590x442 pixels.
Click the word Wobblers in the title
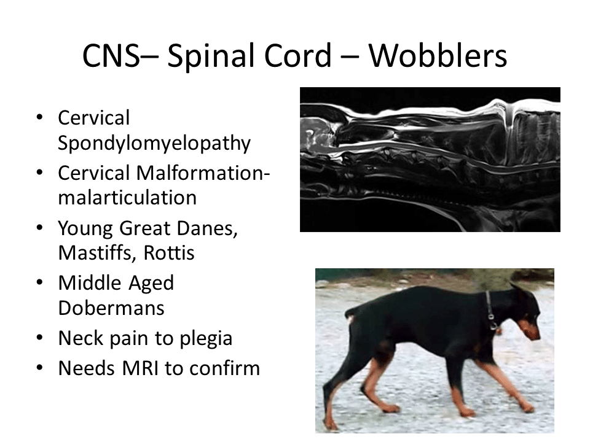tap(438, 55)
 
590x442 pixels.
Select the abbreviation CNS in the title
tap(111, 55)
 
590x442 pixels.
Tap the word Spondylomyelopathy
tap(154, 143)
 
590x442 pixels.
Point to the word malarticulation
tap(128, 198)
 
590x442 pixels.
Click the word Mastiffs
tap(97, 252)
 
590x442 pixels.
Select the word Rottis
tap(170, 252)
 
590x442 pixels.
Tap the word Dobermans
tap(111, 308)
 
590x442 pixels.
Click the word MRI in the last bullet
tap(140, 368)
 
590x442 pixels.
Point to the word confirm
tap(225, 368)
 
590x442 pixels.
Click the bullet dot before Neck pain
tap(39, 338)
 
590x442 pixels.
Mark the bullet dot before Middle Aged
tap(39, 282)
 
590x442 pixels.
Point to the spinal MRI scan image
tap(430, 160)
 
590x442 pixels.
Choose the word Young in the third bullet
tap(85, 229)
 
